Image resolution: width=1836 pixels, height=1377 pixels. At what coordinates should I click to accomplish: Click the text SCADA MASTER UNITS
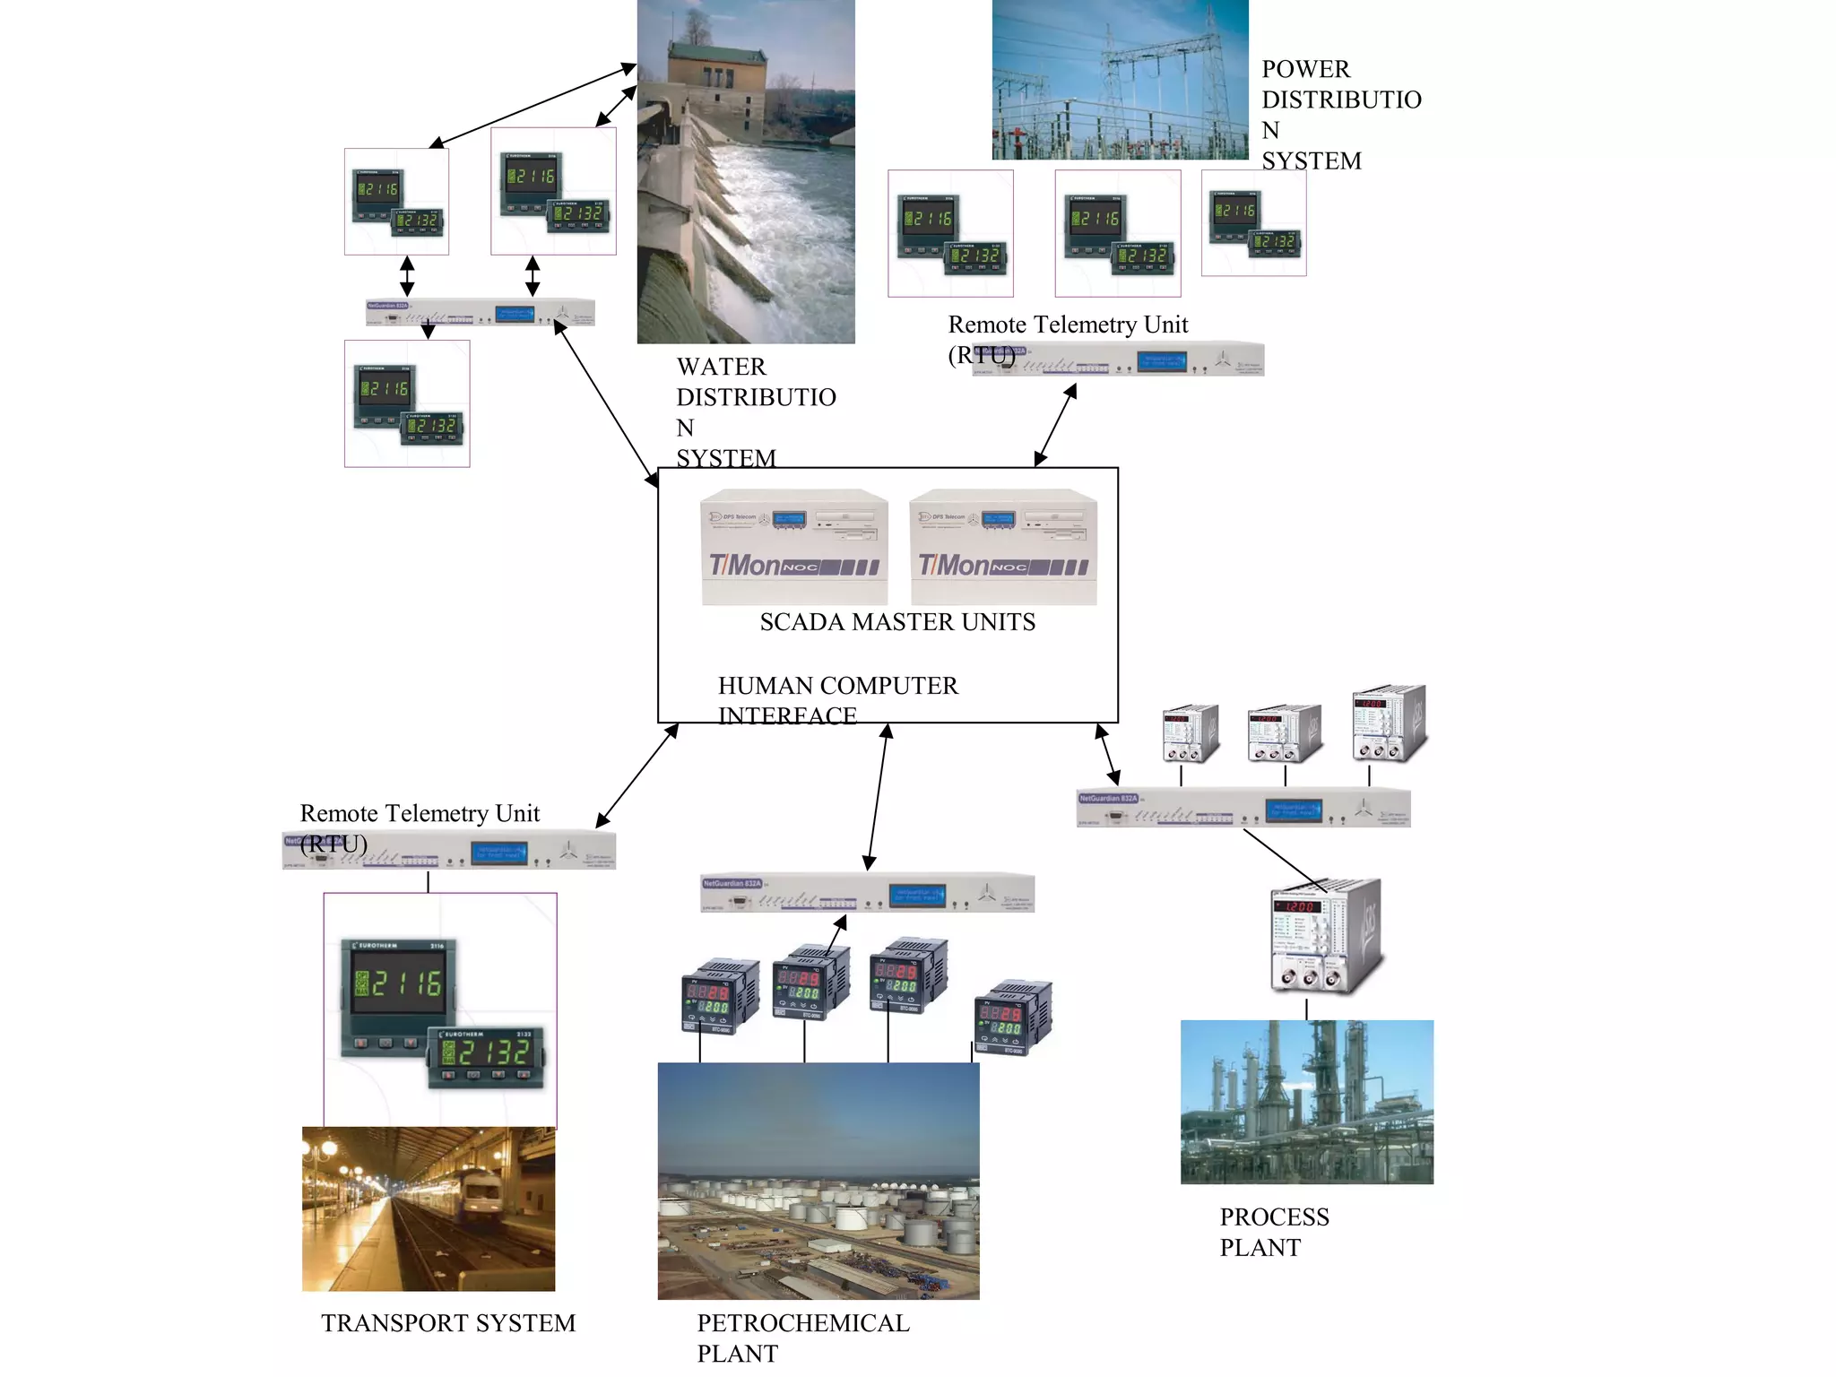(896, 622)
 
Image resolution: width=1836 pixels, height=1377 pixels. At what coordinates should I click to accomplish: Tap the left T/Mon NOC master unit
(794, 547)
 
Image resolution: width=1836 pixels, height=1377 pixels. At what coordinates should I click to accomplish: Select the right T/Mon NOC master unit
(1003, 547)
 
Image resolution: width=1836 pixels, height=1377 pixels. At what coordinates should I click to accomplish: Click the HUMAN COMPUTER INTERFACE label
(836, 700)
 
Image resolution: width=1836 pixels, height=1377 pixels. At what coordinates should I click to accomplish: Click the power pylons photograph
(1120, 80)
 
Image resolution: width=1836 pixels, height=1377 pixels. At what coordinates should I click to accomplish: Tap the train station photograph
(429, 1208)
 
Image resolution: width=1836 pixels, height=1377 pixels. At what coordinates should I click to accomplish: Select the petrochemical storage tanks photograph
(818, 1181)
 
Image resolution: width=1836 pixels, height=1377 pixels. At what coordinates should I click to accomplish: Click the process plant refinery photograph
(1306, 1102)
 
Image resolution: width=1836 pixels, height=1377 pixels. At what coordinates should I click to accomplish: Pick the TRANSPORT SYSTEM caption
(448, 1323)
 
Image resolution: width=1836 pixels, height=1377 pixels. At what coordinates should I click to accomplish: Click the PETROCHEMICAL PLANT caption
(802, 1338)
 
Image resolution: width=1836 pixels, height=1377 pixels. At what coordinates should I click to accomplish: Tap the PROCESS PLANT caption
(1273, 1232)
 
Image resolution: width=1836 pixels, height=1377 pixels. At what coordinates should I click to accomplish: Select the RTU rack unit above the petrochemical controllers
(867, 893)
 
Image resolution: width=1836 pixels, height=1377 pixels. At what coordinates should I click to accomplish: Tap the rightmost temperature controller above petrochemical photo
(1013, 1018)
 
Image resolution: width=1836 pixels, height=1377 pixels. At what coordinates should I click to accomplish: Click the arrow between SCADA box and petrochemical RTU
(878, 797)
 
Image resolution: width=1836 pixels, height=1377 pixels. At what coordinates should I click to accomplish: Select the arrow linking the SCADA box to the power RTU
(1055, 425)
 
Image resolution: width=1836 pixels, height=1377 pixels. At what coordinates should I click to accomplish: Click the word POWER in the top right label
(1305, 69)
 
